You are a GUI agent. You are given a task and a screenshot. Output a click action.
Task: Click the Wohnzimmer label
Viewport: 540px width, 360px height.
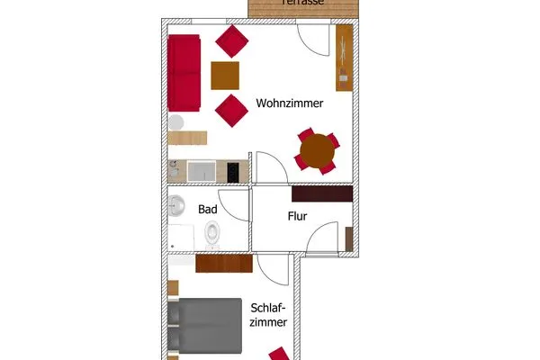point(288,103)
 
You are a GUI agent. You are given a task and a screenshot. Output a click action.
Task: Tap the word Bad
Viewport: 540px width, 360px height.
point(208,210)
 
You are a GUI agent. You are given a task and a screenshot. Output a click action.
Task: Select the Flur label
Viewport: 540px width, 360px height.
point(298,216)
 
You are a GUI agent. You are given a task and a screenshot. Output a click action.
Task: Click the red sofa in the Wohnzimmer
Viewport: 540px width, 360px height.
point(184,72)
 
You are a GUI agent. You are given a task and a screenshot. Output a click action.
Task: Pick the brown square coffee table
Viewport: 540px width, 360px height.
point(225,75)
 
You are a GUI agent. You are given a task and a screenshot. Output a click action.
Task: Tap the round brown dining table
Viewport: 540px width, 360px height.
point(317,151)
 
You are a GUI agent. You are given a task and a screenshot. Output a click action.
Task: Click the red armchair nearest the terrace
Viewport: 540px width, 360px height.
point(232,41)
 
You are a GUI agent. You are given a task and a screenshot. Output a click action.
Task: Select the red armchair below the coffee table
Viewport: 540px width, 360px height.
point(230,111)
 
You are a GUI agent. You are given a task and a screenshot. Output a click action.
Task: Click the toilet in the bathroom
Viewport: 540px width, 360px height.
point(212,234)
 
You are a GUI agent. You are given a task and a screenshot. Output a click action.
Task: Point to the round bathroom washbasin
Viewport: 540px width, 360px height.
point(176,204)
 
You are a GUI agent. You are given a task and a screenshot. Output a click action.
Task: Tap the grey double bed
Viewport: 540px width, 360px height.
point(205,327)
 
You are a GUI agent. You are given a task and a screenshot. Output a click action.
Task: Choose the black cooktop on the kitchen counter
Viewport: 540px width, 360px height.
point(234,171)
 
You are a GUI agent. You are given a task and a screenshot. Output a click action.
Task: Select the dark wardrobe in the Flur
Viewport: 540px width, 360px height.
point(321,193)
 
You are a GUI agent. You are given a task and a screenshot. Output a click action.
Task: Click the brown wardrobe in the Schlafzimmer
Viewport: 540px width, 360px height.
point(223,264)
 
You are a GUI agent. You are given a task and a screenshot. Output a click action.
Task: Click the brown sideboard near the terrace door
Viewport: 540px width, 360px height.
point(344,57)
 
